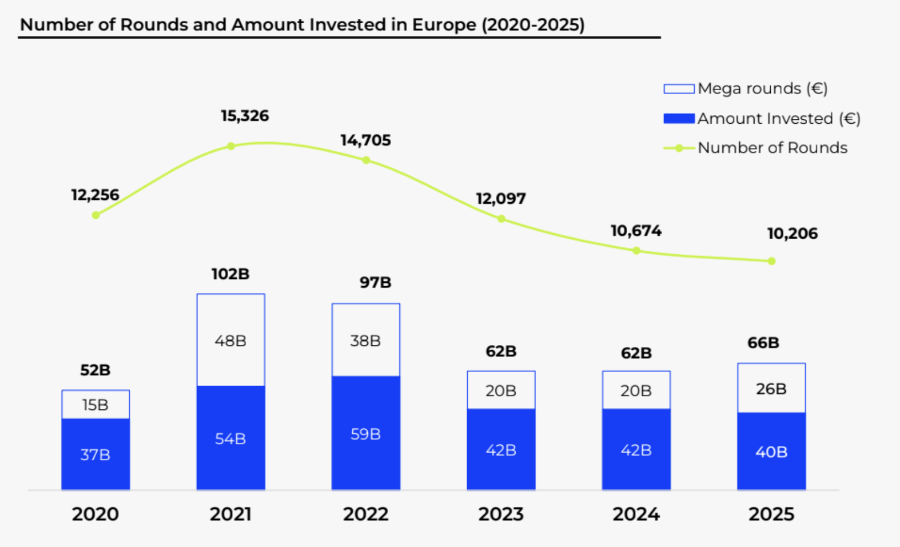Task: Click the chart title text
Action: (302, 25)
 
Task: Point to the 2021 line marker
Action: (231, 146)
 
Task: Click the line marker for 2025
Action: (771, 261)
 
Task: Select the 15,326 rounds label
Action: (245, 116)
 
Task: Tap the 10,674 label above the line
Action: (636, 230)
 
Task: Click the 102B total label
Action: (230, 274)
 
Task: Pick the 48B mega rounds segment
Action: (231, 340)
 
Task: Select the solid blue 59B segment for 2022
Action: (366, 434)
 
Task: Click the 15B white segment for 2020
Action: (96, 405)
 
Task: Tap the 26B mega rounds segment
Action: (771, 388)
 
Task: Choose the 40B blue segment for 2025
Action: (771, 451)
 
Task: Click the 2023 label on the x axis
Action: (501, 514)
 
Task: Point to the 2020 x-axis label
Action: (96, 514)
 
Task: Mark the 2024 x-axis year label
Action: (636, 514)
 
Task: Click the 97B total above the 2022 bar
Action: (375, 282)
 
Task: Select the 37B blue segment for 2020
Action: (96, 455)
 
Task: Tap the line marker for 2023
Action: (501, 219)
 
